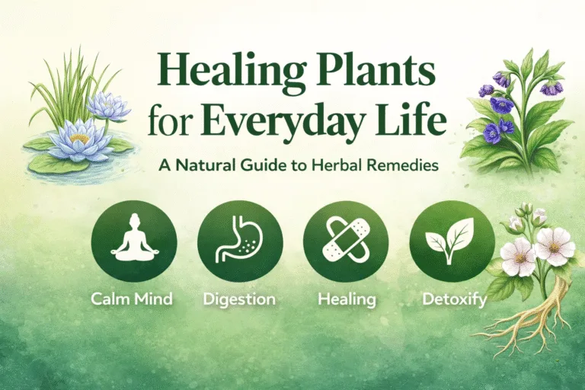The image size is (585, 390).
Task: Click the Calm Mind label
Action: click(133, 299)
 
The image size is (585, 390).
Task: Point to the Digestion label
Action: click(240, 299)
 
